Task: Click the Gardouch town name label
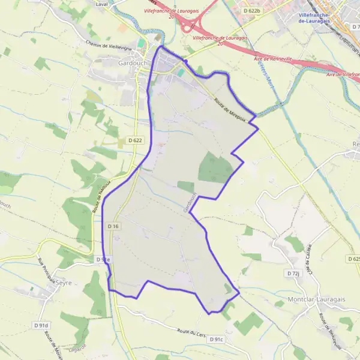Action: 123,63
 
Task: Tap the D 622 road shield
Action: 135,140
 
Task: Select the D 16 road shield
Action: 113,226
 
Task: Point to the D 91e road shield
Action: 103,259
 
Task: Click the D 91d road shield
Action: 41,325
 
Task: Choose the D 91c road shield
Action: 216,340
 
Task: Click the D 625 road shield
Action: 353,259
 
